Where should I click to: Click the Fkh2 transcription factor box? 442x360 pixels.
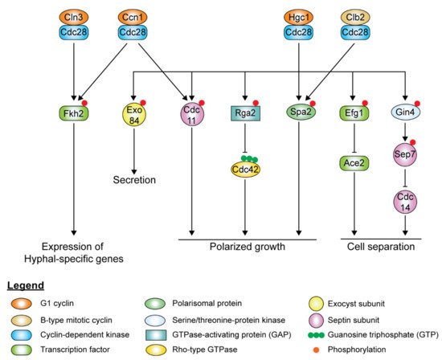tap(76, 114)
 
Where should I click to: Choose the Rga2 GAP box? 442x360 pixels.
tap(244, 114)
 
